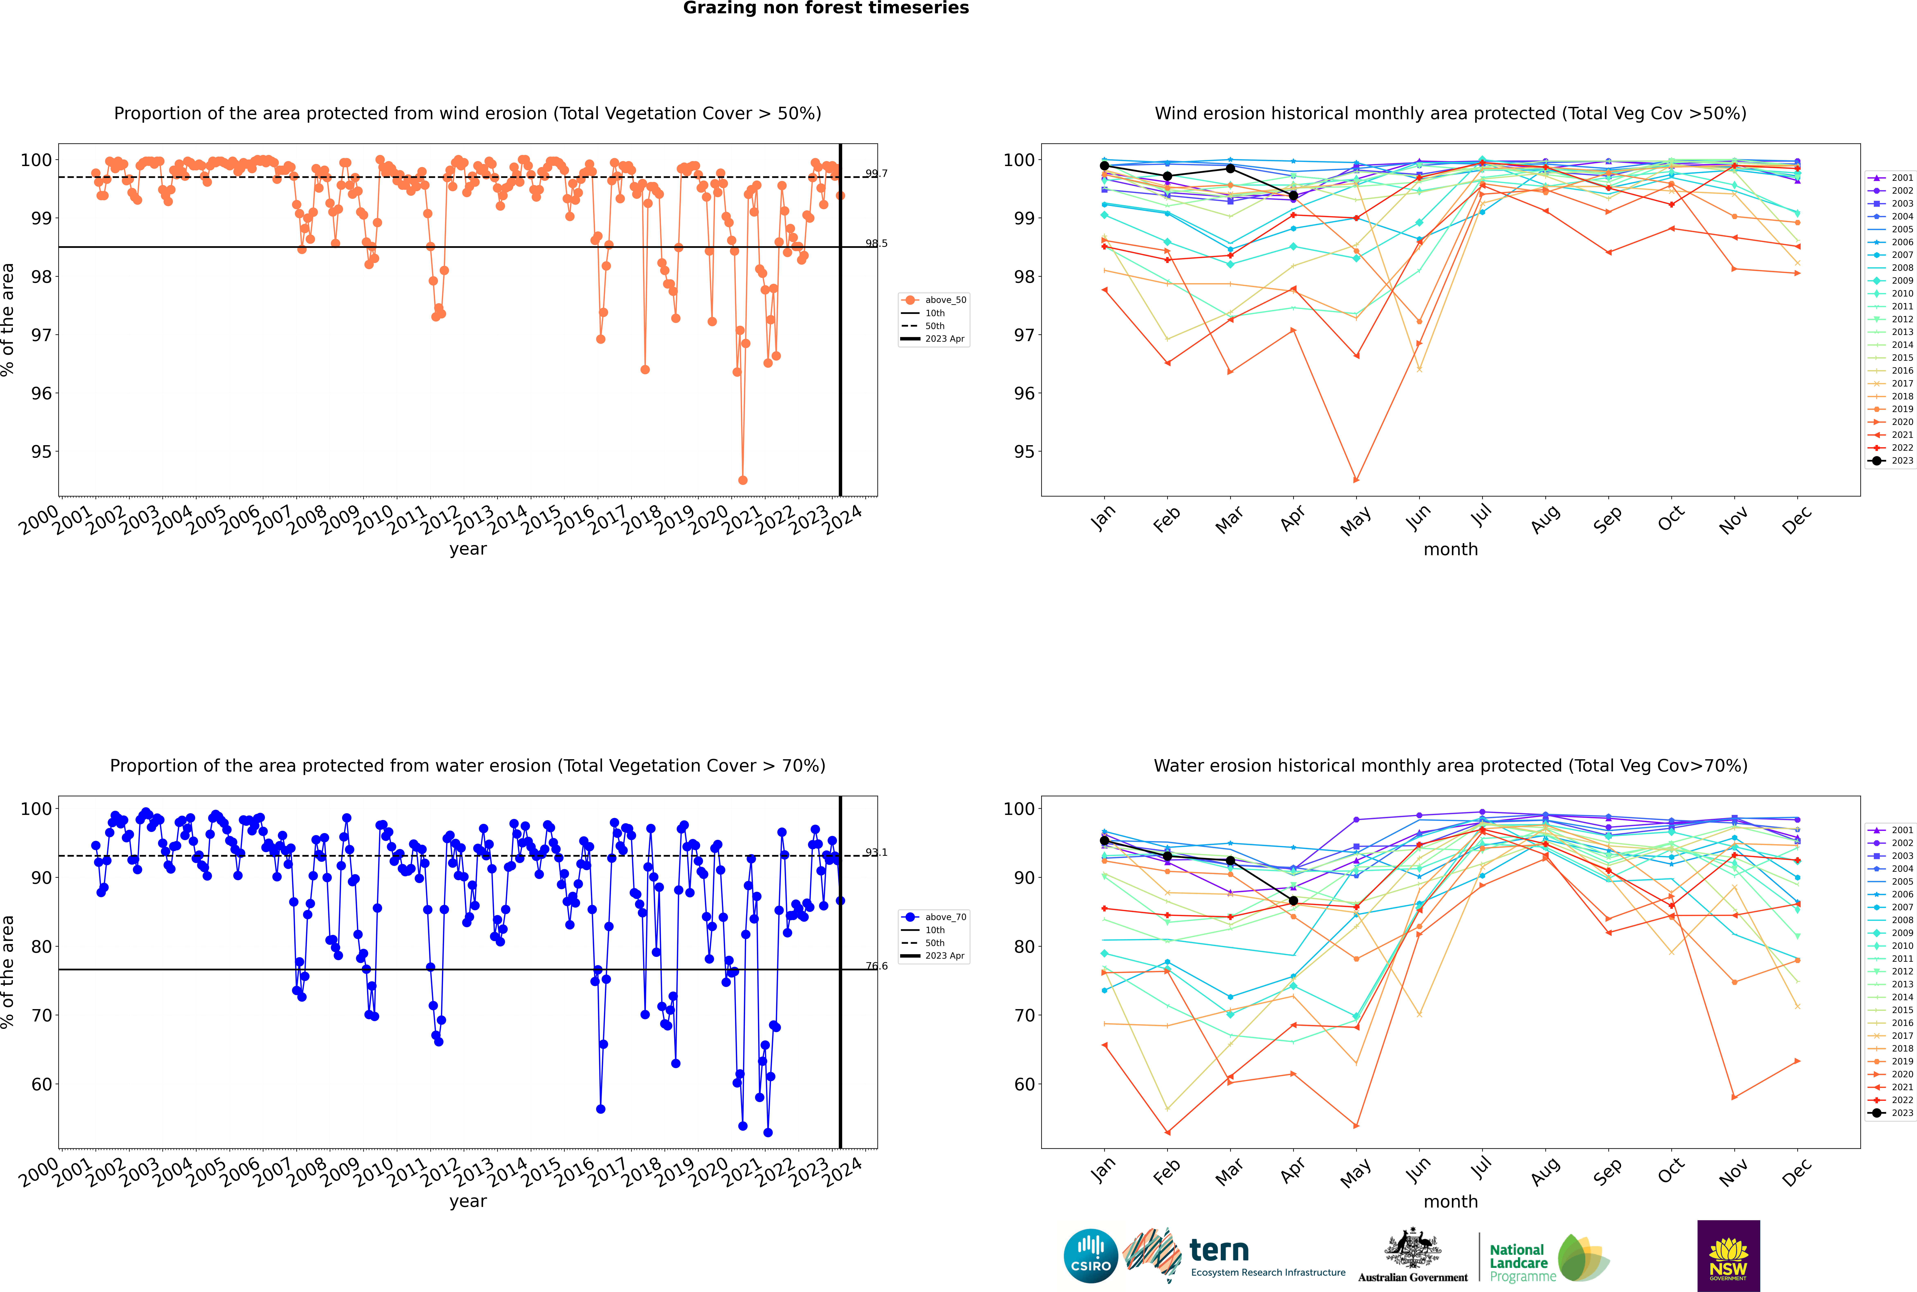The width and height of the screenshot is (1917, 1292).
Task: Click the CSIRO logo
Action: [x=1090, y=1256]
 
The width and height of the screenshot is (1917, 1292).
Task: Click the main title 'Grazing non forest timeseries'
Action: [x=826, y=8]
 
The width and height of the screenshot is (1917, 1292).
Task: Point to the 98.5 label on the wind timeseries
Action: [x=876, y=243]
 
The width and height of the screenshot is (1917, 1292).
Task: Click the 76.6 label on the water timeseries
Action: [x=876, y=966]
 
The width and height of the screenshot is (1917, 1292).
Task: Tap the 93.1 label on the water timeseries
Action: [x=876, y=852]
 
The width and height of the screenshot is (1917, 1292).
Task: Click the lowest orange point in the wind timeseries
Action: [x=743, y=480]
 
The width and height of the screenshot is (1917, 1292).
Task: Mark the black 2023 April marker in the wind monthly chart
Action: [x=1293, y=195]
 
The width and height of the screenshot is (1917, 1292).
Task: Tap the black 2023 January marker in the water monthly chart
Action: [x=1104, y=840]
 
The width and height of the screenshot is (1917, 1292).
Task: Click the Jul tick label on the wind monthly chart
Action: [x=1481, y=517]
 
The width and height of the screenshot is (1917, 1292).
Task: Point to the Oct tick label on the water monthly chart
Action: [x=1671, y=1170]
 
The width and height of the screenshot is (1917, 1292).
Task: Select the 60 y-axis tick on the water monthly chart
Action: [x=1024, y=1084]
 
